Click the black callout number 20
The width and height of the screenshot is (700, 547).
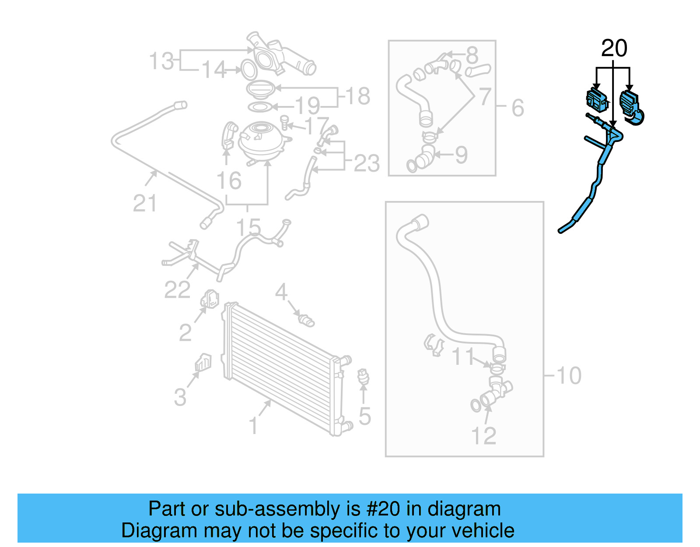[x=614, y=49]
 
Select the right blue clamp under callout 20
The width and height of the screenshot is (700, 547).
[x=630, y=106]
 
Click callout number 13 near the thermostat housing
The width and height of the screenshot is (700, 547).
[x=161, y=61]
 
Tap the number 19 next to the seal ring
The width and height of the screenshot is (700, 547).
[x=308, y=106]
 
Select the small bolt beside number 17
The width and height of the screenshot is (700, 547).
[x=285, y=122]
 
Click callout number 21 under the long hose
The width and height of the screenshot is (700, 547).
[x=144, y=204]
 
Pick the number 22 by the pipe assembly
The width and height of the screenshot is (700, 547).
[x=177, y=289]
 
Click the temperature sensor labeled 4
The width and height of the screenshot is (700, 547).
[x=305, y=320]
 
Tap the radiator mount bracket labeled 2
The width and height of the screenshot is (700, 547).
[x=210, y=299]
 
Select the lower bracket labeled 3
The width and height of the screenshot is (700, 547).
[x=203, y=363]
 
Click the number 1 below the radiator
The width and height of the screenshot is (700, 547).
[x=253, y=426]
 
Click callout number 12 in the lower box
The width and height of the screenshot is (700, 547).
[x=483, y=436]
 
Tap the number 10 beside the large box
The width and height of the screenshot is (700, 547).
[x=569, y=376]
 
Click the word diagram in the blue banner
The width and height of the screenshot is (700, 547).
[x=464, y=509]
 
